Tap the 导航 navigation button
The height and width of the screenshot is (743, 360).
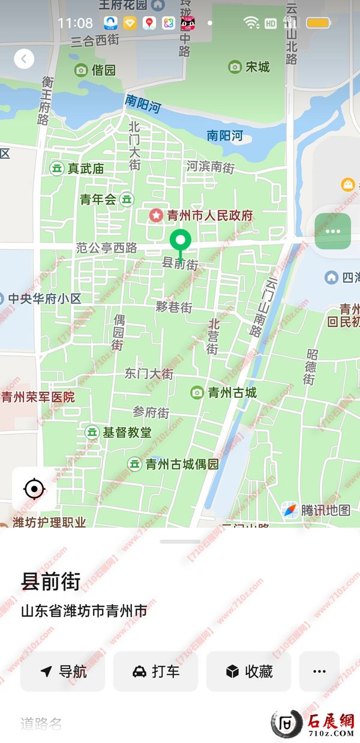(63, 672)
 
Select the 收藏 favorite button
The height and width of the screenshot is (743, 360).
(248, 672)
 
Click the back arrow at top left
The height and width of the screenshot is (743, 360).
(24, 59)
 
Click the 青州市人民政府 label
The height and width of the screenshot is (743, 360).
(209, 215)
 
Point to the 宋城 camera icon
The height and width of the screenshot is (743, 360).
(235, 67)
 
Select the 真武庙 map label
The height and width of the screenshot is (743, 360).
(85, 169)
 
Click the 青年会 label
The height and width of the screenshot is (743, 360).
(98, 200)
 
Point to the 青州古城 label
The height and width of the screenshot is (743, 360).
(232, 393)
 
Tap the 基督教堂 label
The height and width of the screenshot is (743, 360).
(127, 432)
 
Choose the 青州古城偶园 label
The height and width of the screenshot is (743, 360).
(182, 464)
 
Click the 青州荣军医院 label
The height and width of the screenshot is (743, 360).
(38, 397)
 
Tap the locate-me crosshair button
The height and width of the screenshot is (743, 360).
(34, 489)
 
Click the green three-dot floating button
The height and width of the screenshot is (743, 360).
(332, 231)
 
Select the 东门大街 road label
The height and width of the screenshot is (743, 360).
(149, 373)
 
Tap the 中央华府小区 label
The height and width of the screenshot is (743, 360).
(44, 298)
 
